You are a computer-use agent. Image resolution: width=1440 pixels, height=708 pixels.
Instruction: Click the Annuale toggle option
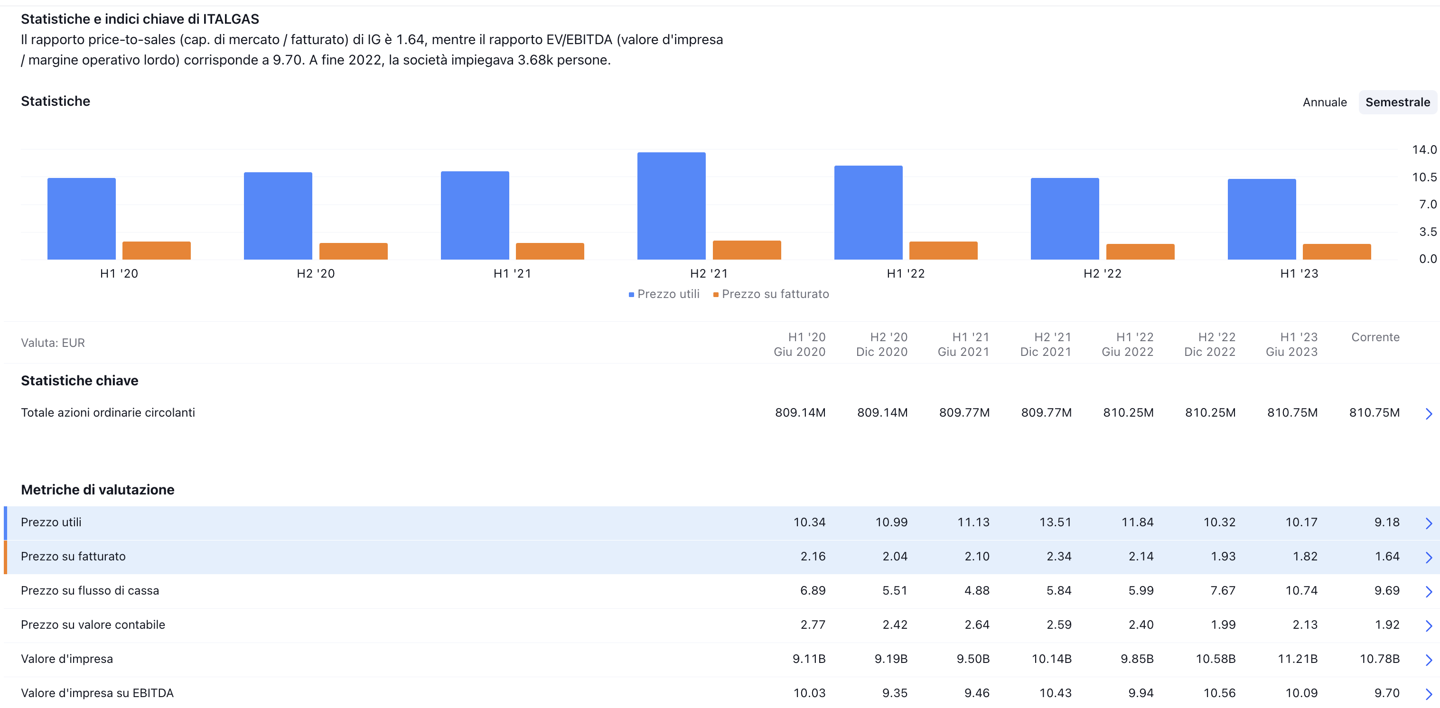(x=1324, y=102)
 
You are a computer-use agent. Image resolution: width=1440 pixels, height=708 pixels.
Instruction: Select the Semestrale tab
(x=1397, y=102)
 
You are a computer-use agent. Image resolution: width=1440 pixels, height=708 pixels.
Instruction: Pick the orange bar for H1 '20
(x=157, y=251)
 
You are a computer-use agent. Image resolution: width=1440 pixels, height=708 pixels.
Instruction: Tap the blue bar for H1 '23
(x=1261, y=219)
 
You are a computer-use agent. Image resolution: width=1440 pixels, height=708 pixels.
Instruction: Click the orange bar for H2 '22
(x=1140, y=252)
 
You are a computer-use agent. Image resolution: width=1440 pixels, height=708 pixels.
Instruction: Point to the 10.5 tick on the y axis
(x=1423, y=177)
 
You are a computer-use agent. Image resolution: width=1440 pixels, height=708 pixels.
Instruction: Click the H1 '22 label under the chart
(x=906, y=273)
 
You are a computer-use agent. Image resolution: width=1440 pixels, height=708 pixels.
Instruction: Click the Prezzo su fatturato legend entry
(x=771, y=294)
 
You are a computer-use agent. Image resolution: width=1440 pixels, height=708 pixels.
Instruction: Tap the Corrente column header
(x=1375, y=337)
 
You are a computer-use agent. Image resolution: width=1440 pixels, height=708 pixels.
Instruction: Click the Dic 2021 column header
(x=1045, y=352)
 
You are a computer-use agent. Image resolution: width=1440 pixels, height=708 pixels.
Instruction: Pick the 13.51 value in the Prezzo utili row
(x=1055, y=522)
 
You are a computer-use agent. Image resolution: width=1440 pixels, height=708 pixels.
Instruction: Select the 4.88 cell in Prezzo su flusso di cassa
(x=977, y=591)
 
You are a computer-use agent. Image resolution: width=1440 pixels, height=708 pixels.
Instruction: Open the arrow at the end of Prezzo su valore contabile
(x=1428, y=626)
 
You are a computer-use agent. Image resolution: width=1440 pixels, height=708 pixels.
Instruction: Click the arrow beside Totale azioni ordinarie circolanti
(x=1428, y=413)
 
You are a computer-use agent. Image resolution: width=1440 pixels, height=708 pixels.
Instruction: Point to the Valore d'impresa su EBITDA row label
(x=97, y=693)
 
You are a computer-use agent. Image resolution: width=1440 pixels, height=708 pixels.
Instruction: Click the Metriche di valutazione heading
(x=98, y=490)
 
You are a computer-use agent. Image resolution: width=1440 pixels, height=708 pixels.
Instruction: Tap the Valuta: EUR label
(x=53, y=343)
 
